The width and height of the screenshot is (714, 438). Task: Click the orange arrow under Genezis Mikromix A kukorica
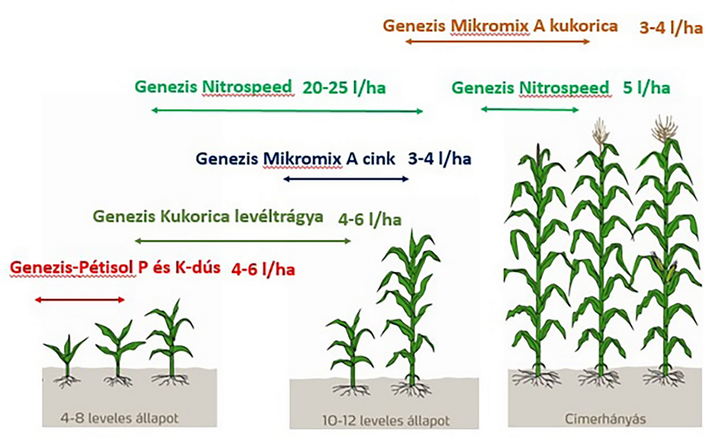tap(498, 41)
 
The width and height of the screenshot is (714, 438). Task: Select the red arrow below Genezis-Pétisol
tap(79, 300)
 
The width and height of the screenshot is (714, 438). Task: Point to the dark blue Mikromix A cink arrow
tap(346, 179)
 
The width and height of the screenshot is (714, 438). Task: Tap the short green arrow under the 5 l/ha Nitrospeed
tap(529, 110)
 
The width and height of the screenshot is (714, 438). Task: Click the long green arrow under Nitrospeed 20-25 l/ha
tap(287, 111)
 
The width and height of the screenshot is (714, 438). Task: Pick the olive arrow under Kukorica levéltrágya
tap(243, 241)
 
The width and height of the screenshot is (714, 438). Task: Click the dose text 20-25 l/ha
tap(344, 88)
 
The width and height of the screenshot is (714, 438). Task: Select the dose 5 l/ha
tap(646, 88)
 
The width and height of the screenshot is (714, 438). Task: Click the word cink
tap(379, 158)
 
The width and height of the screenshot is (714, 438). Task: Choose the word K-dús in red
tap(198, 268)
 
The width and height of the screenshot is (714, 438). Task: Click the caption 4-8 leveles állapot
tap(120, 418)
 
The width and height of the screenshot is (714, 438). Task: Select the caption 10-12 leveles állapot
tap(386, 421)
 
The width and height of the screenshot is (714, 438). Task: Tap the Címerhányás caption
tap(605, 419)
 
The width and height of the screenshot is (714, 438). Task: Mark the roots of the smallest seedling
tap(67, 382)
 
